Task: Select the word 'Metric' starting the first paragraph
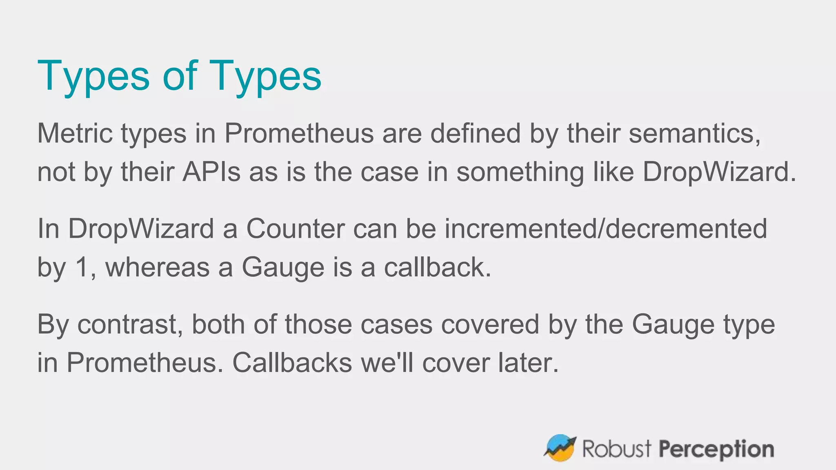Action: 74,133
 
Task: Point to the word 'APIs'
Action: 211,172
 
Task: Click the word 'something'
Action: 520,172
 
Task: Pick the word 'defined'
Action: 475,133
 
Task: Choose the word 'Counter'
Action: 295,229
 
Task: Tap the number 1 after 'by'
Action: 82,268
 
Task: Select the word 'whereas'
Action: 158,268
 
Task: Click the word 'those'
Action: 318,325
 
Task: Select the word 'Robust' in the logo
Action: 616,449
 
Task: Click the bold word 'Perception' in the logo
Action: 716,449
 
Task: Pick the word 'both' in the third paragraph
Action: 218,325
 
